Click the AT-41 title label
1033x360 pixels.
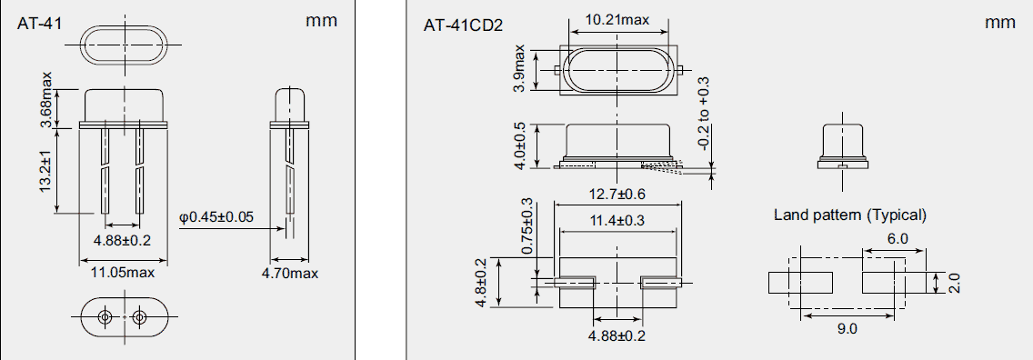tap(39, 24)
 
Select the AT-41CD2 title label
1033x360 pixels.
tap(463, 25)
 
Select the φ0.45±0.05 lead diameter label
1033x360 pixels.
tap(217, 216)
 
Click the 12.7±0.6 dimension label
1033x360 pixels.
tap(617, 193)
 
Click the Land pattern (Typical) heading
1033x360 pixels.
tap(849, 215)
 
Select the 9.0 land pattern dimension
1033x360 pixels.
tap(847, 329)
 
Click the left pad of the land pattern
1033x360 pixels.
tap(800, 283)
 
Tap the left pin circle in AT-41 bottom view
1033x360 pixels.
tap(105, 316)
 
